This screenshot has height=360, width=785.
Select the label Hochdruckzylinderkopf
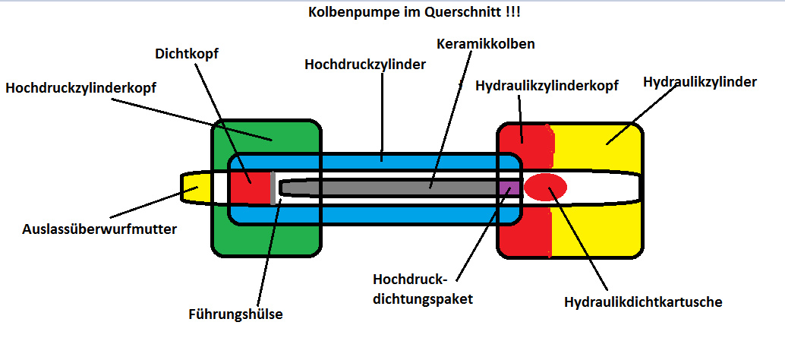click(81, 88)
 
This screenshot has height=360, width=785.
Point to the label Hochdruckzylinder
click(365, 65)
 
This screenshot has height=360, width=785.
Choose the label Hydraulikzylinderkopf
click(547, 87)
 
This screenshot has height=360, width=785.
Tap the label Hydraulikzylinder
click(699, 82)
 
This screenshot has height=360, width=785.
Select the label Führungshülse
click(235, 313)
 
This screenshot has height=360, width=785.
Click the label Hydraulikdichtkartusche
click(643, 302)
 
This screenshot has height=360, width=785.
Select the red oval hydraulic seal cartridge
click(545, 186)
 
